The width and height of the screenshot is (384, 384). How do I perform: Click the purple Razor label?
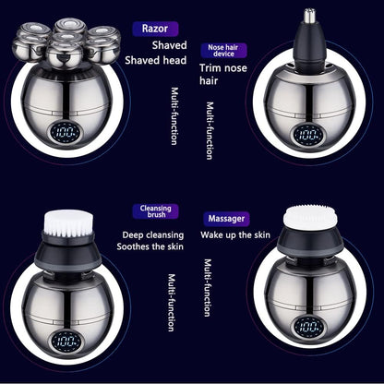coord(154,29)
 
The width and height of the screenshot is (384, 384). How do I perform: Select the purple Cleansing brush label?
coord(155,212)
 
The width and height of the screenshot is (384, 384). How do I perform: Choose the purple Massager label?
coord(228,220)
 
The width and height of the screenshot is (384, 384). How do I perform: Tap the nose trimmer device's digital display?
coord(306,133)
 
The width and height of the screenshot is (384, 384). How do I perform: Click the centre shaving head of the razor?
coord(66,42)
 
